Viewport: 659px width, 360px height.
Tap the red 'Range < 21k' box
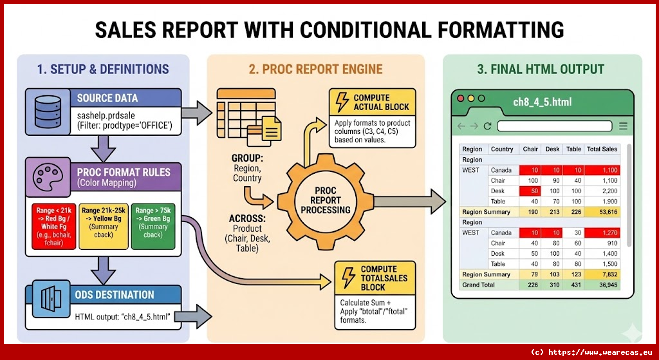click(x=55, y=225)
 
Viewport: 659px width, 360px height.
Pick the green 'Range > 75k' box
click(x=153, y=225)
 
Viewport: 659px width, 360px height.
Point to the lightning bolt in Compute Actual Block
click(x=340, y=102)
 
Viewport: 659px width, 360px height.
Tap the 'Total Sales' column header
click(x=602, y=149)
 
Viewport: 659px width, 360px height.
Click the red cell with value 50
click(x=532, y=191)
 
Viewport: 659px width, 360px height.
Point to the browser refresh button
click(x=487, y=126)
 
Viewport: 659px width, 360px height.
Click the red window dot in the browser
click(x=460, y=99)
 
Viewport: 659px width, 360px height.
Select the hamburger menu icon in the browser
click(x=623, y=126)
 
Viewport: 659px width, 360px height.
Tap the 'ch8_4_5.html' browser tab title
click(x=542, y=102)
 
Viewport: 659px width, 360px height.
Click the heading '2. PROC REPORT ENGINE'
click(x=315, y=69)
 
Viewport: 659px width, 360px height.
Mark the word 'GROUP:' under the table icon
click(x=248, y=158)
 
